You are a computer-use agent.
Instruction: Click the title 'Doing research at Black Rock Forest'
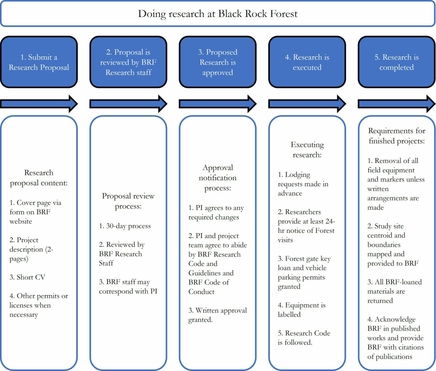[x=218, y=14]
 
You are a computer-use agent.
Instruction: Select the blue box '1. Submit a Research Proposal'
[x=39, y=62]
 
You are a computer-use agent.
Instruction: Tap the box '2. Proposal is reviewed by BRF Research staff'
[x=128, y=62]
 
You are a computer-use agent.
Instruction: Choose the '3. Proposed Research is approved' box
[x=218, y=62]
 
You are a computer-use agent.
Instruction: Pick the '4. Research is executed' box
[x=307, y=62]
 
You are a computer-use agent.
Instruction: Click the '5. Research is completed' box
[x=396, y=62]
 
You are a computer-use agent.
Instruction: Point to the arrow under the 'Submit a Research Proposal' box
[x=39, y=104]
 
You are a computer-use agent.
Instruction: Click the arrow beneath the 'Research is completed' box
[x=396, y=104]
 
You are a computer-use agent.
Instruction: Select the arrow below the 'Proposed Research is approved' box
[x=218, y=104]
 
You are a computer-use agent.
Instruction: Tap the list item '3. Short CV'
[x=28, y=277]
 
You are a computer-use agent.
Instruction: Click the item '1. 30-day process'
[x=125, y=226]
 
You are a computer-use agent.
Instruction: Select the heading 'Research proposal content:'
[x=39, y=178]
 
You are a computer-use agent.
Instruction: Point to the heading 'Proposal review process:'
[x=128, y=201]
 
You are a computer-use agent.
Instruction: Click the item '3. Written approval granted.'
[x=218, y=315]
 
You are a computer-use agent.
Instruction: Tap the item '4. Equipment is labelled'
[x=301, y=310]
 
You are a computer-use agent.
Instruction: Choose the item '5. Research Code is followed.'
[x=304, y=338]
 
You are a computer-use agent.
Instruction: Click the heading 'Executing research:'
[x=307, y=150]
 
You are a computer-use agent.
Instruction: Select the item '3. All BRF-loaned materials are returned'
[x=394, y=291]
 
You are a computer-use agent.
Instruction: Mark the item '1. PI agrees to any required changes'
[x=216, y=212]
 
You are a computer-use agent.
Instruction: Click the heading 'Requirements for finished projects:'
[x=396, y=136]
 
